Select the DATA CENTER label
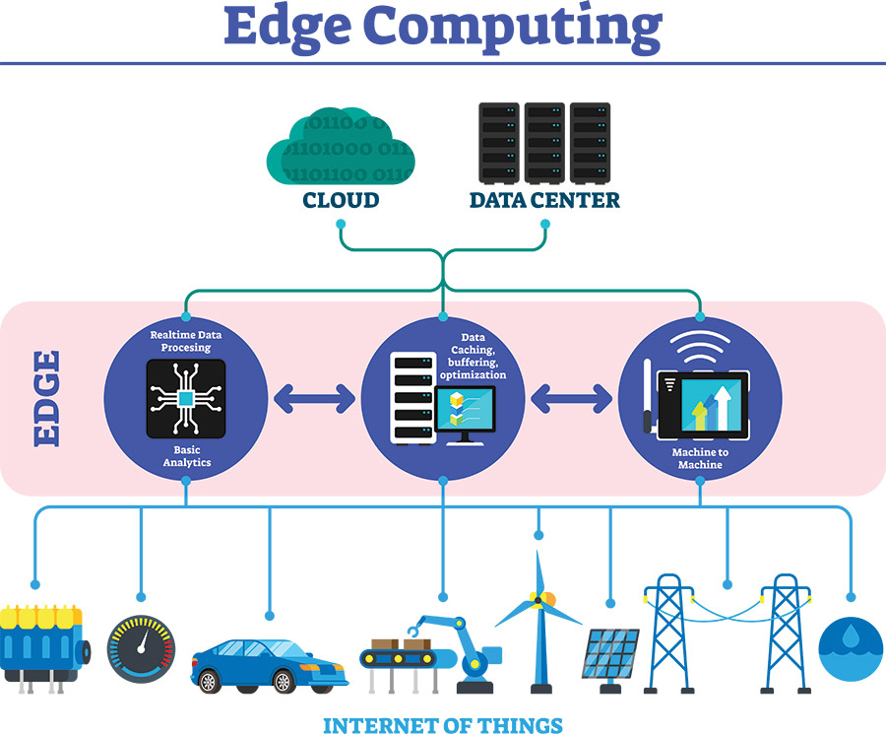[x=544, y=201]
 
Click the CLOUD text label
[x=341, y=201]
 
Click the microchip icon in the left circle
[x=186, y=398]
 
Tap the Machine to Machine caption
[x=700, y=458]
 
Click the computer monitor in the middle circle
[x=466, y=413]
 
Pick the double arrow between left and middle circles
[x=314, y=398]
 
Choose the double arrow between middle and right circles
[x=571, y=398]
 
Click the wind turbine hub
[x=538, y=598]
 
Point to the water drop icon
[x=851, y=650]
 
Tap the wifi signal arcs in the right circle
[x=700, y=344]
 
